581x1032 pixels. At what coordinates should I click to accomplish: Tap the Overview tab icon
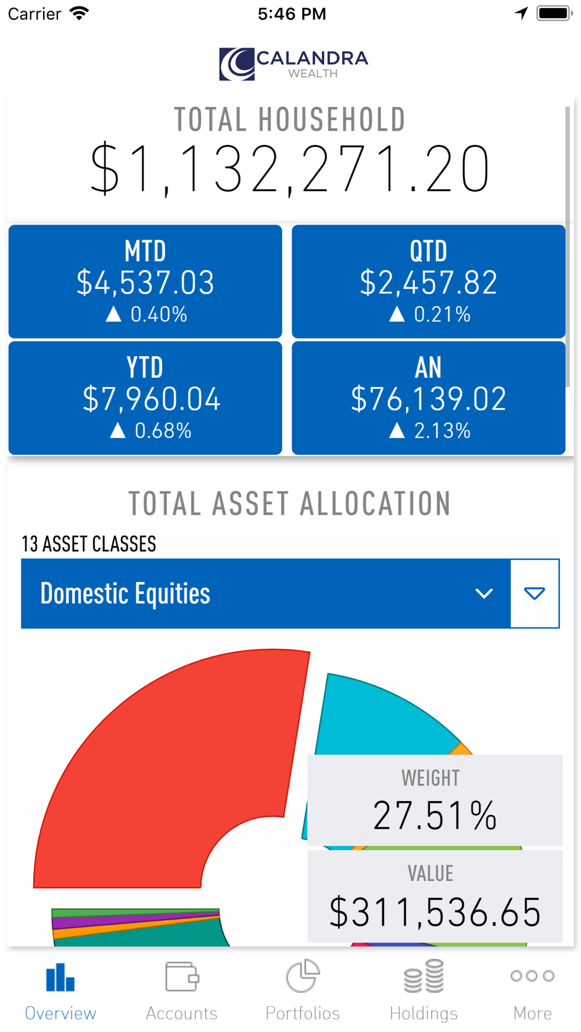[60, 977]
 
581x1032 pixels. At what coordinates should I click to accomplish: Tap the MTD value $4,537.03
[145, 283]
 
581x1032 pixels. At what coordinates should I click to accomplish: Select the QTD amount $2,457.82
[428, 283]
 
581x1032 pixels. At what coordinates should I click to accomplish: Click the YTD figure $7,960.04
[151, 399]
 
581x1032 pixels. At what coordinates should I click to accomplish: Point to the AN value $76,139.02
[428, 399]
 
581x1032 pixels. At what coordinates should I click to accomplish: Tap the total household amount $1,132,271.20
[290, 169]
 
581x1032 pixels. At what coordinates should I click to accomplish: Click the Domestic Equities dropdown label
[125, 594]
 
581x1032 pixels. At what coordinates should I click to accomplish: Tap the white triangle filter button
[535, 593]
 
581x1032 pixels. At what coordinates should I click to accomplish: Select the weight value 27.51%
[435, 816]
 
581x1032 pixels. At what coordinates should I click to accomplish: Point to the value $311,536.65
[435, 912]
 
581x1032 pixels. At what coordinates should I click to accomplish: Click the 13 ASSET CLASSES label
[89, 544]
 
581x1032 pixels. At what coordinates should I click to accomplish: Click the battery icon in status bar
[554, 13]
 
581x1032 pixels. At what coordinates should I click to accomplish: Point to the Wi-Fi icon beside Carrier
[79, 13]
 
